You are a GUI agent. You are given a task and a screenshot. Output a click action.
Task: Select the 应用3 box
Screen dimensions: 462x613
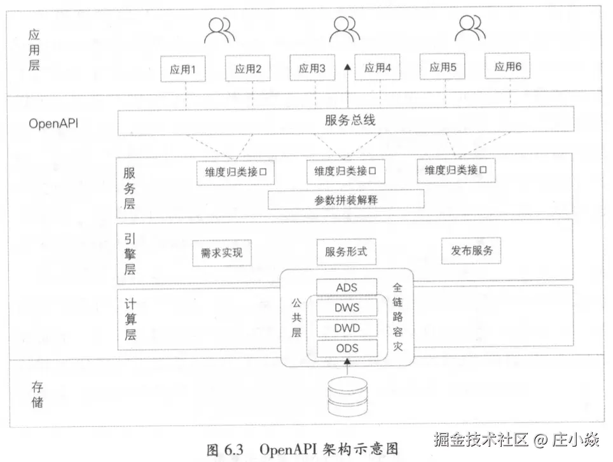coord(312,69)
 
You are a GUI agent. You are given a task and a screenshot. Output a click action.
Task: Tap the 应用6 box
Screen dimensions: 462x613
coord(508,66)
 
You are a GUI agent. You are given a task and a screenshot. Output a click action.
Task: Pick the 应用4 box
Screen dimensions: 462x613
coord(377,68)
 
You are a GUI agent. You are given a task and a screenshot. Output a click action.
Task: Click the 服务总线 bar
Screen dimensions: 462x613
coord(346,121)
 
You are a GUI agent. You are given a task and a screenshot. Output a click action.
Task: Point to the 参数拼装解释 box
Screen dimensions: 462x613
coord(346,200)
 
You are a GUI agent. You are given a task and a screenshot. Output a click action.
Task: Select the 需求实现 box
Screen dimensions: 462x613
coord(217,252)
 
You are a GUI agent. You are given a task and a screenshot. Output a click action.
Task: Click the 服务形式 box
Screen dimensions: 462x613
coord(346,251)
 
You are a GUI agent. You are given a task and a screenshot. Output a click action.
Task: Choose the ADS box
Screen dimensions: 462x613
coord(347,288)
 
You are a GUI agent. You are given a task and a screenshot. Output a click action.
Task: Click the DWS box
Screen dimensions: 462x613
coord(347,308)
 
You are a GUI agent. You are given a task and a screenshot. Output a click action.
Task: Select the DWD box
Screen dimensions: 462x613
coord(347,328)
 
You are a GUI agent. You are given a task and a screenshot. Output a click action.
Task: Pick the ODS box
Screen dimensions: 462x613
coord(347,348)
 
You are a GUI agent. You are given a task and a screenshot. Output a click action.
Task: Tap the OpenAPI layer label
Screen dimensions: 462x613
coord(53,123)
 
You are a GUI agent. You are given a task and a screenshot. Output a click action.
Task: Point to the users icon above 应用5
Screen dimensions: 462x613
coord(468,29)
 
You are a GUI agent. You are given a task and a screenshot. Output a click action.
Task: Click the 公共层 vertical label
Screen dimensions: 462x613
coord(296,316)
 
